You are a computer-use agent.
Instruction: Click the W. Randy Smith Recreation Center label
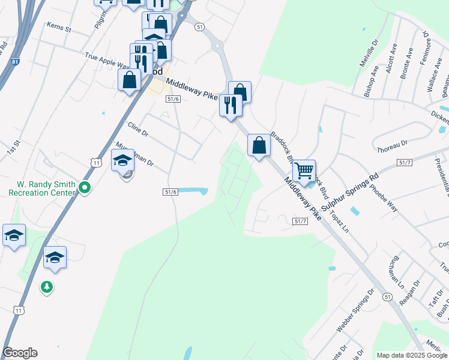pos(41,188)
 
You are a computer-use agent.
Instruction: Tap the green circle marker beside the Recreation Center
pos(85,188)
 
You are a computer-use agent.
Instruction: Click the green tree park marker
pos(47,287)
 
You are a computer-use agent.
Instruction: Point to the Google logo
pos(20,353)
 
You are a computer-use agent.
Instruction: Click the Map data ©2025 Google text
pos(411,355)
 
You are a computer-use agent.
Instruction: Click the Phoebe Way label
pos(384,197)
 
